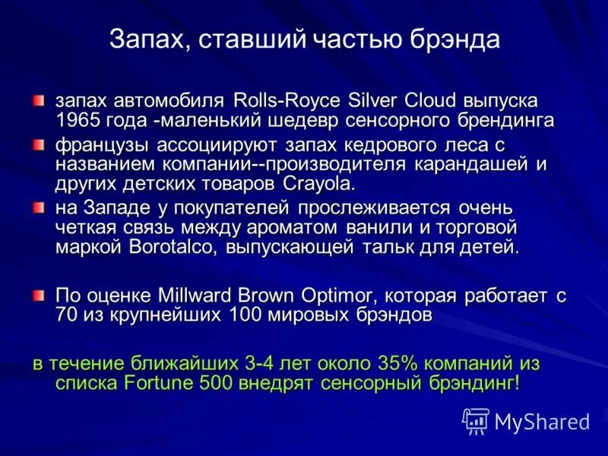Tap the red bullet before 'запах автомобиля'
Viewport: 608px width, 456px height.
point(38,100)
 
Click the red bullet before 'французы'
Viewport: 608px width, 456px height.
point(38,144)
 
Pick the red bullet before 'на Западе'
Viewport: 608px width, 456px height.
point(38,207)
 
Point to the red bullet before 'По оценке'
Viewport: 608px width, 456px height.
point(38,295)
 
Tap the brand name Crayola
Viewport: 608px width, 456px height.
point(318,183)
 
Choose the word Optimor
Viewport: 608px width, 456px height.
point(334,296)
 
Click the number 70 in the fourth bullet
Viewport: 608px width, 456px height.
point(67,315)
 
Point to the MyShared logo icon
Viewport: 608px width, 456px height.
point(476,420)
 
